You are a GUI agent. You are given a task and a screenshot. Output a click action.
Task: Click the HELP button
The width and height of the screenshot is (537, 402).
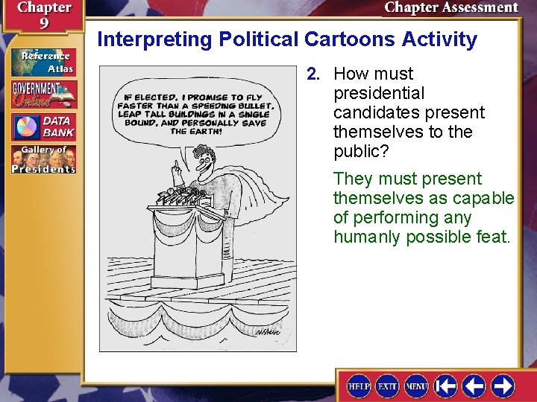[x=359, y=386]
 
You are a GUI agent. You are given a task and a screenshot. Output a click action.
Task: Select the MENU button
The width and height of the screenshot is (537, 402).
[x=415, y=386]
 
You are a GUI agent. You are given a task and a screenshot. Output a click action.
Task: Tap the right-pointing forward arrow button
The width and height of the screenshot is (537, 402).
[x=502, y=386]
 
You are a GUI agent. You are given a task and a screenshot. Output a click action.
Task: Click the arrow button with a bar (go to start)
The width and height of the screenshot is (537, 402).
[x=446, y=386]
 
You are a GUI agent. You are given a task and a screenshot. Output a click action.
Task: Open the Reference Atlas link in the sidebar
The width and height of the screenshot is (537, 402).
[x=43, y=63]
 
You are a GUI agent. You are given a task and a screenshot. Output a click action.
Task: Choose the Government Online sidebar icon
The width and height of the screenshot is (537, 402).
[x=43, y=94]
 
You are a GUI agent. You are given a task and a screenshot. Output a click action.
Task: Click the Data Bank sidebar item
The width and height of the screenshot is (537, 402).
[x=43, y=127]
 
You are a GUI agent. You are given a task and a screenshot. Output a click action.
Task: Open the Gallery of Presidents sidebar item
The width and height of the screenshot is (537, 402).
[x=43, y=159]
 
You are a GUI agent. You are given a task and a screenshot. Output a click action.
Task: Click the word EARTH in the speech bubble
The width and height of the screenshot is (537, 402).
[x=205, y=131]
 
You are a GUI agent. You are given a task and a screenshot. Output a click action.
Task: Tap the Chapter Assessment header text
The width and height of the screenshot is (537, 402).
[x=450, y=8]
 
